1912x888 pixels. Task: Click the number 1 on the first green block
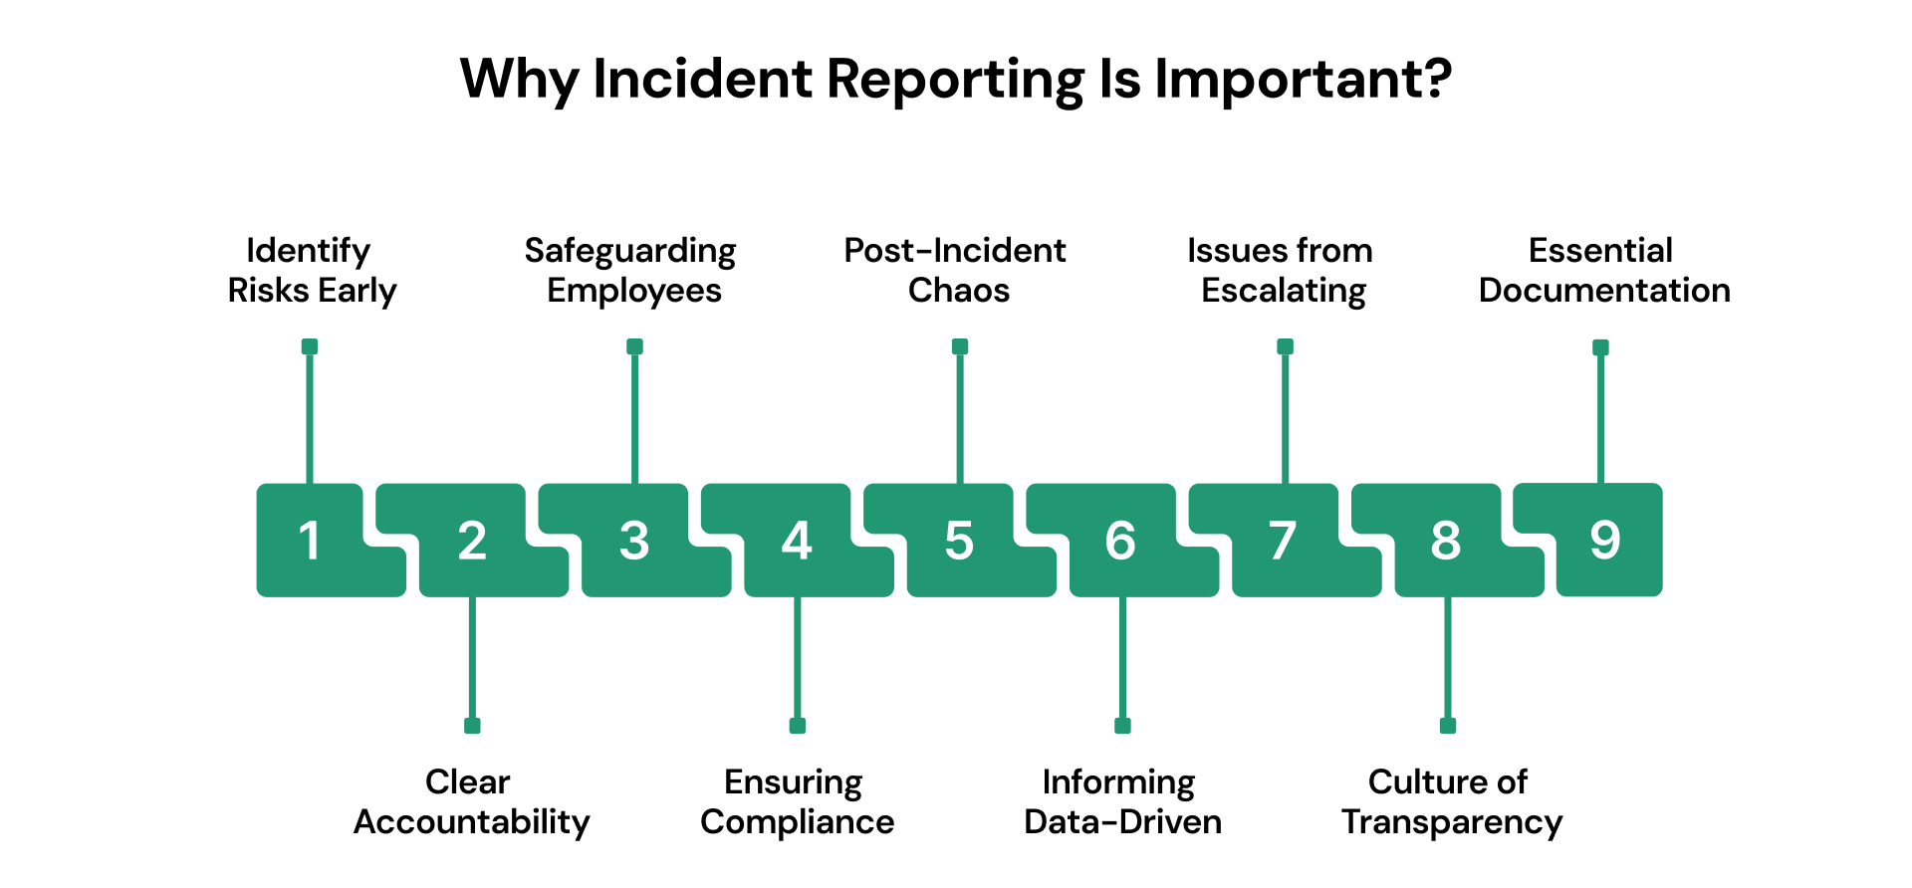point(310,541)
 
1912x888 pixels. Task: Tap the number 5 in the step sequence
point(959,541)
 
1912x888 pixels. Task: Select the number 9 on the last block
point(1604,540)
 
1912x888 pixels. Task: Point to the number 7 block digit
point(1283,541)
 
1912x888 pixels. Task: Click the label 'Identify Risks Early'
point(311,270)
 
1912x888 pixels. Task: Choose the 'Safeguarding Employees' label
point(631,270)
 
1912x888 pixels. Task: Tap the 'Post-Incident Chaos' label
point(956,270)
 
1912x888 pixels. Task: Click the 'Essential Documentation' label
point(1603,270)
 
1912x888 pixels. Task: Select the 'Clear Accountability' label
point(471,801)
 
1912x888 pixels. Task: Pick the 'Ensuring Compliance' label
point(797,801)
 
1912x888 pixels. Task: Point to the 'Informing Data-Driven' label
point(1122,801)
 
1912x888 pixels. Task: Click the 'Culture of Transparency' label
point(1451,801)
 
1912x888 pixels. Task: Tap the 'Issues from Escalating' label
point(1282,270)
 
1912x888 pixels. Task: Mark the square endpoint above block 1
point(310,346)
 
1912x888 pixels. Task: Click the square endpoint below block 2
point(472,726)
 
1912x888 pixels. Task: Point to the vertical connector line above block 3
point(634,418)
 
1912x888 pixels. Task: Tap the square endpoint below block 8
point(1448,726)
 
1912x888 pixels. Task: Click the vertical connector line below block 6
point(1122,657)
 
